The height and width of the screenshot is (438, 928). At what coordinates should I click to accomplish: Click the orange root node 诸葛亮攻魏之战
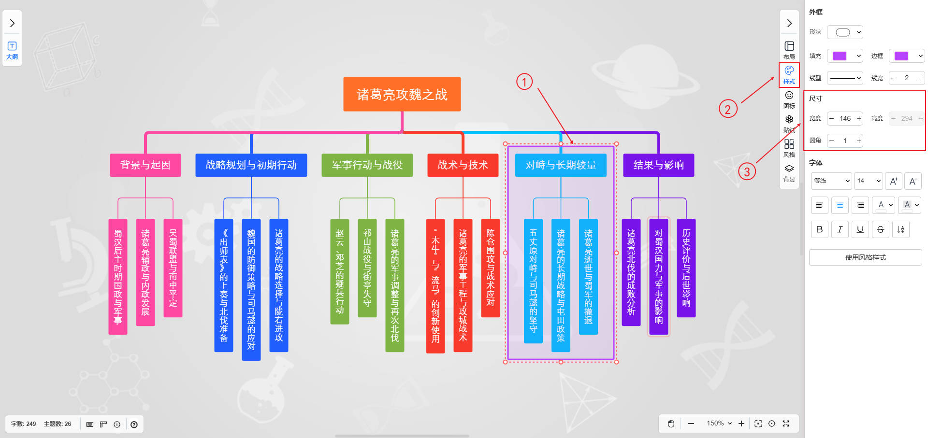(x=402, y=94)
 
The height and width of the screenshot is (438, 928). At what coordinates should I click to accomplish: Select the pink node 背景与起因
(x=145, y=165)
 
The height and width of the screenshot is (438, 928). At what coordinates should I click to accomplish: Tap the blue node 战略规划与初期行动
(x=251, y=165)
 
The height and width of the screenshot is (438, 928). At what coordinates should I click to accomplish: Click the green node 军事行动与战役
(x=367, y=165)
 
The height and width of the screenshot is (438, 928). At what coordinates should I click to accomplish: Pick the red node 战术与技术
(x=463, y=165)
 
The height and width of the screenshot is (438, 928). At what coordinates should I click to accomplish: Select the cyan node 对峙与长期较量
(x=561, y=165)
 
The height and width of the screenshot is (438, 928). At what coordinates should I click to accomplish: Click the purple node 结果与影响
(x=658, y=165)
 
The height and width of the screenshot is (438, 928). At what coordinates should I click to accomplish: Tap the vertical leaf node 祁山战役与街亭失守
(x=367, y=268)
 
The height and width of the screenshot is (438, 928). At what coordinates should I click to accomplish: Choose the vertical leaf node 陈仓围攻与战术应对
(x=491, y=268)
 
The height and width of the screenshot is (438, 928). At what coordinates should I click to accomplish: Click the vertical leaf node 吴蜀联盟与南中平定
(x=173, y=268)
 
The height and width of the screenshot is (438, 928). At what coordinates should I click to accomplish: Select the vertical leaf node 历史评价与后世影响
(x=686, y=268)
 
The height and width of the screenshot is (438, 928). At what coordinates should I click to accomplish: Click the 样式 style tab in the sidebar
(x=789, y=75)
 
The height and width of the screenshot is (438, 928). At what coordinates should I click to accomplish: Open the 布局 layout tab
(x=789, y=50)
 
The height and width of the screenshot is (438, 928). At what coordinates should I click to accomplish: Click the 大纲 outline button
(x=12, y=50)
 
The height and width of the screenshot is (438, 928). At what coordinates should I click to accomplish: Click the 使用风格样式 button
(x=865, y=257)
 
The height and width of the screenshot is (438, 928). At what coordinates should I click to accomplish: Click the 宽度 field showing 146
(x=845, y=118)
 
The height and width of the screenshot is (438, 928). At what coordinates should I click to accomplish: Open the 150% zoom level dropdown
(x=719, y=424)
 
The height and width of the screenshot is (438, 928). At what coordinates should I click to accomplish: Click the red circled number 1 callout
(x=524, y=82)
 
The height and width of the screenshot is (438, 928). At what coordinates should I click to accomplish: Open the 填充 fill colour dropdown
(x=845, y=56)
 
